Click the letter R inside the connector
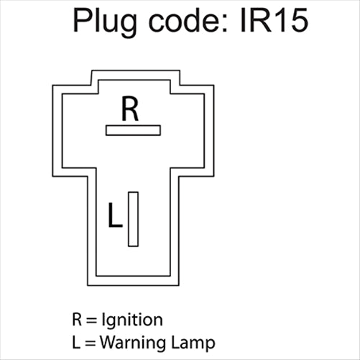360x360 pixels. tap(129, 109)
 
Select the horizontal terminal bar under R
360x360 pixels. tap(133, 130)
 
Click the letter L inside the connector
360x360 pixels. tap(114, 216)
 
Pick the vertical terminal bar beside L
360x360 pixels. tap(133, 219)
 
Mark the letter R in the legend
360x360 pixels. tap(76, 319)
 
